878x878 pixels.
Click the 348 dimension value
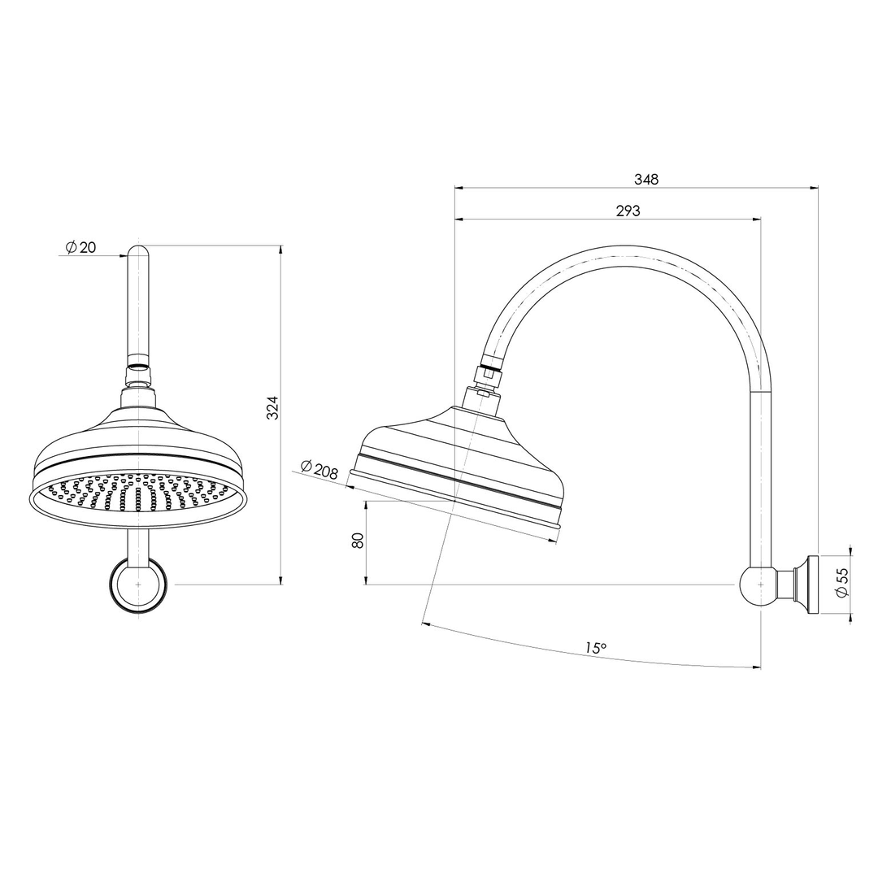pyautogui.click(x=647, y=180)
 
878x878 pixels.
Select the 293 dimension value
pyautogui.click(x=628, y=211)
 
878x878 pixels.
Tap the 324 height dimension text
pyautogui.click(x=273, y=407)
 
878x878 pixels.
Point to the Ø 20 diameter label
pyautogui.click(x=80, y=247)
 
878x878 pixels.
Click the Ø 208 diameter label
pyautogui.click(x=319, y=469)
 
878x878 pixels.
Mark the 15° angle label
pyautogui.click(x=596, y=648)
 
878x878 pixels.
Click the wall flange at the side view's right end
pyautogui.click(x=808, y=584)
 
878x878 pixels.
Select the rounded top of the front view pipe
pyautogui.click(x=138, y=251)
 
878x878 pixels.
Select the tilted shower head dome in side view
pyautogui.click(x=463, y=455)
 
